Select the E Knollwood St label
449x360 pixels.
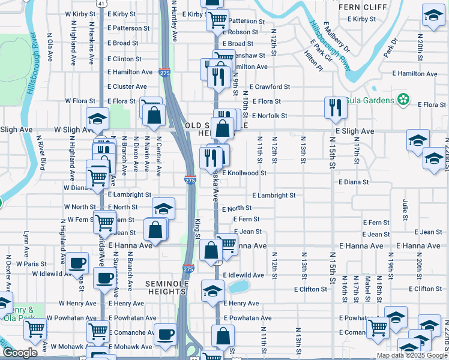point(244,173)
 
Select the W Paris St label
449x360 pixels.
point(31,263)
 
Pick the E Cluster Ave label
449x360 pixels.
point(127,86)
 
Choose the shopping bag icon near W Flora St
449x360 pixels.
point(154,115)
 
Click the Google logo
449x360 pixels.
point(20,353)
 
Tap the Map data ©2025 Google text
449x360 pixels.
point(411,355)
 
